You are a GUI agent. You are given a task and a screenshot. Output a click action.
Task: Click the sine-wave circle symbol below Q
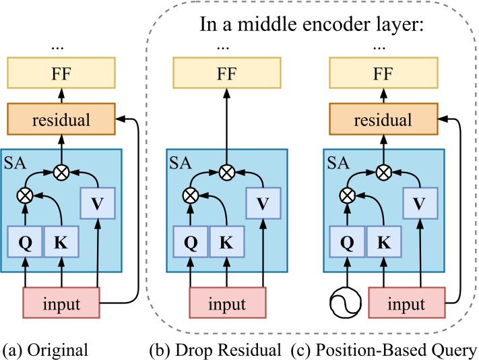click(346, 303)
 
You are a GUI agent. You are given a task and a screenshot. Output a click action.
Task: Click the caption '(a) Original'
click(45, 350)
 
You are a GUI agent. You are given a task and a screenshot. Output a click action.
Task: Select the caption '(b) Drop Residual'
click(214, 350)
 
